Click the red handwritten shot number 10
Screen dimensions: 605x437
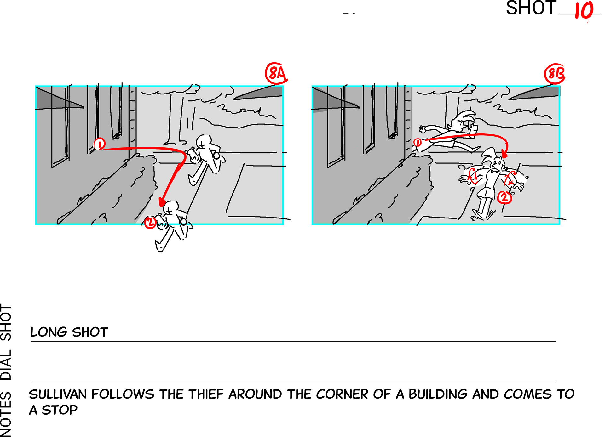click(584, 11)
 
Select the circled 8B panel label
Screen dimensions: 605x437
click(555, 74)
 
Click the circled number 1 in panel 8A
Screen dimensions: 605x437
click(99, 144)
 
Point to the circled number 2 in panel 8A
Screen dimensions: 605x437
click(150, 222)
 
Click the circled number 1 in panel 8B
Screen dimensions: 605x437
click(417, 142)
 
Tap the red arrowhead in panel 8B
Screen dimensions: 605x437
click(504, 154)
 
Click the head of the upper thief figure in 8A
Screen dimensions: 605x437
click(204, 142)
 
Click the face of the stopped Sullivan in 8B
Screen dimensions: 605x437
click(497, 164)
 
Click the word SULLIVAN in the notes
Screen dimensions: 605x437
click(58, 394)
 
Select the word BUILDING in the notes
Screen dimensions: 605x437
click(438, 394)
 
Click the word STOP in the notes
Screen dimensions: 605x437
click(60, 410)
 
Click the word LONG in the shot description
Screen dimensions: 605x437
click(49, 332)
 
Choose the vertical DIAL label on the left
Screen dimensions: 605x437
click(6, 364)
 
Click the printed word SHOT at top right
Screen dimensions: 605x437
click(531, 8)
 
